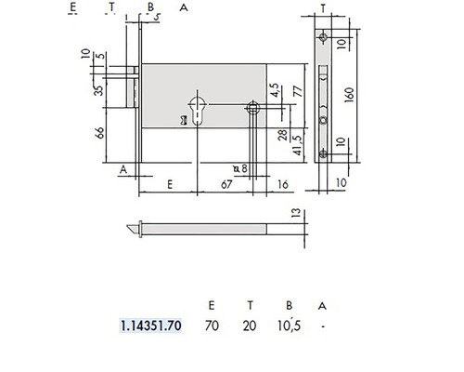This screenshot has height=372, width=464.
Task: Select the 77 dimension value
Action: (x=299, y=90)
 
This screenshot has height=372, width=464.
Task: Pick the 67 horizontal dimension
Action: (x=226, y=186)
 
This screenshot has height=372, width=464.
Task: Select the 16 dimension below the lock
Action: (x=281, y=186)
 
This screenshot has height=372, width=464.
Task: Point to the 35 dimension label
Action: (x=99, y=91)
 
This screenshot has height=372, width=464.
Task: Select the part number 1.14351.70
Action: (x=151, y=326)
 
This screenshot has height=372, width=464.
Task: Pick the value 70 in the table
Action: (x=213, y=326)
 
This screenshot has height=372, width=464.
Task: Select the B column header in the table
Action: (x=289, y=304)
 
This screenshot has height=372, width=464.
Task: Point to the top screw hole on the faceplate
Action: (x=323, y=38)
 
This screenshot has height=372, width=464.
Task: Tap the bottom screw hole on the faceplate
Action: (x=323, y=153)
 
